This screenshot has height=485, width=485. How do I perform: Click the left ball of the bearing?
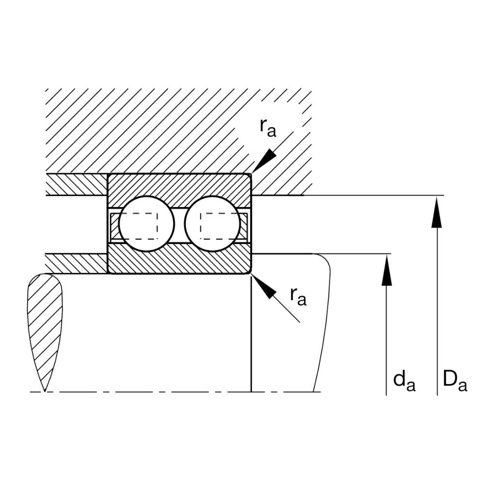click(x=146, y=224)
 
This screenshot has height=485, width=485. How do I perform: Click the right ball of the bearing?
click(x=212, y=224)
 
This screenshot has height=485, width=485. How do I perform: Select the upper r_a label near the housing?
click(x=268, y=128)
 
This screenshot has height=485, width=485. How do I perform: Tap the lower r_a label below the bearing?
click(x=298, y=297)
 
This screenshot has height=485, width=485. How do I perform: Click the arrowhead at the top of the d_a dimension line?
click(x=387, y=270)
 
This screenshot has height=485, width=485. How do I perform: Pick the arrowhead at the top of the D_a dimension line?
click(x=437, y=212)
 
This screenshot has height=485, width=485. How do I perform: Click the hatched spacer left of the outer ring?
click(x=77, y=184)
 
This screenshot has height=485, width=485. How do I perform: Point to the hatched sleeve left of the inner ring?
click(x=77, y=263)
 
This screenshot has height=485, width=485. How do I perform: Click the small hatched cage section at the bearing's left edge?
click(x=114, y=226)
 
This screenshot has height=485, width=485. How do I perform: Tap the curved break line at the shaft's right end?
click(x=323, y=322)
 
